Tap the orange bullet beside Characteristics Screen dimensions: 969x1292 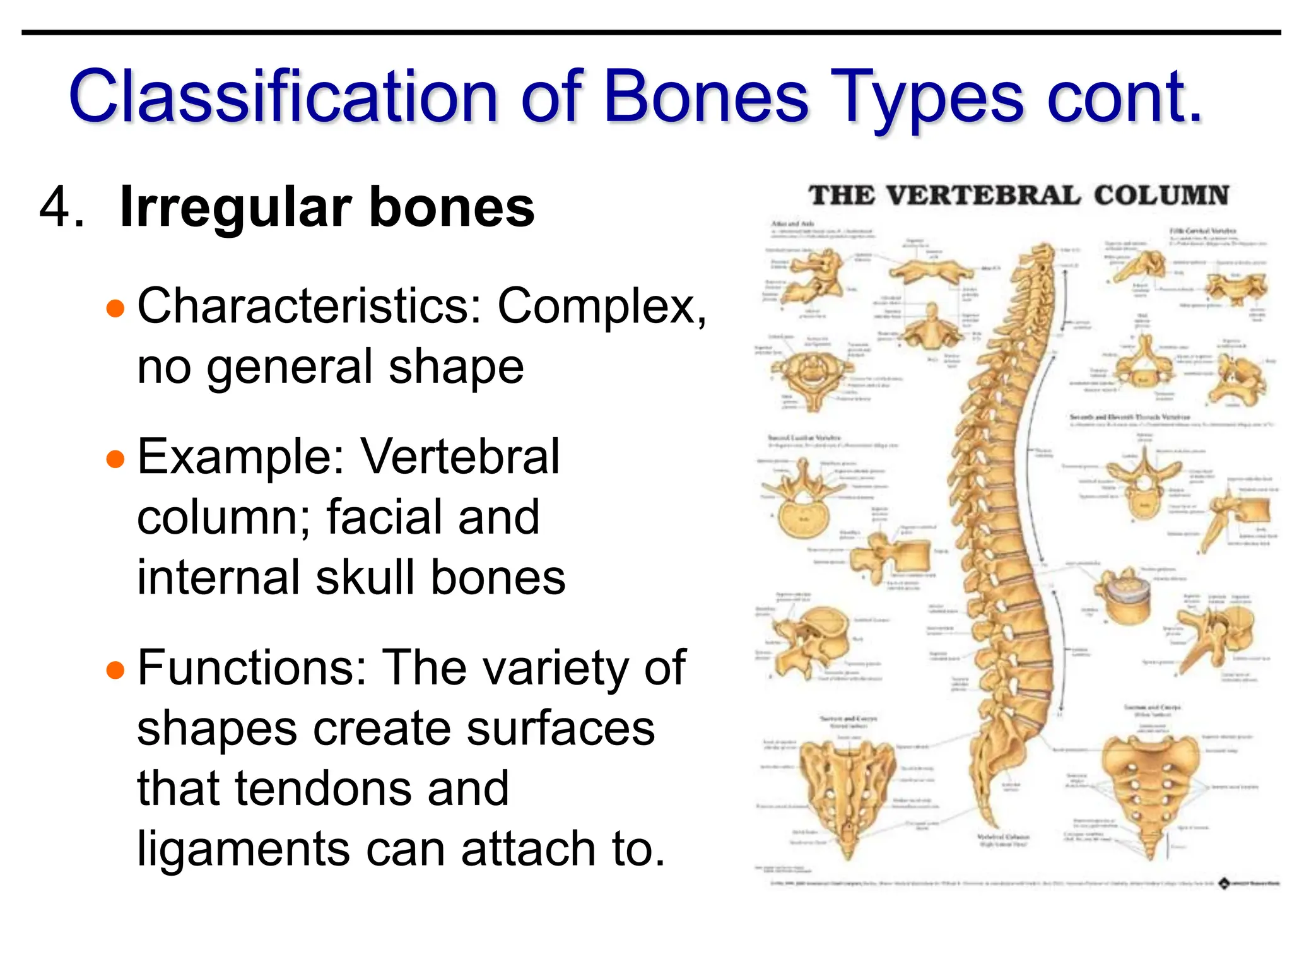pos(115,309)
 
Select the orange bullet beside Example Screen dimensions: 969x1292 pos(115,459)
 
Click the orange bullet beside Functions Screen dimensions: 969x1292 pos(115,670)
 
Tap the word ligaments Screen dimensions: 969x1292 pos(242,849)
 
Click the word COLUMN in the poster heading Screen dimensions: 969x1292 pos(1161,195)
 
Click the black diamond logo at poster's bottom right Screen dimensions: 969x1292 pos(1223,884)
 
